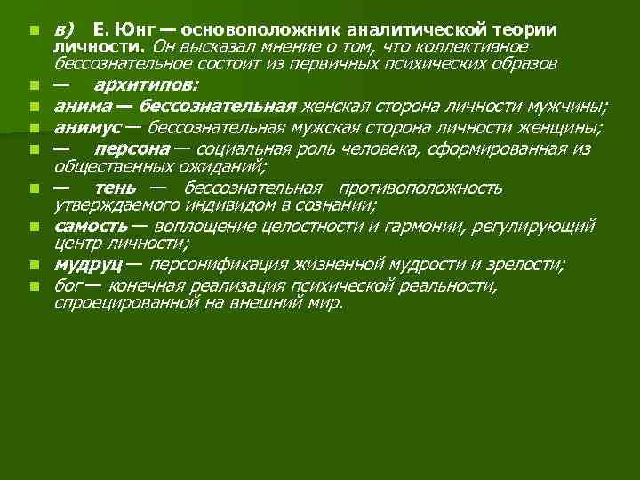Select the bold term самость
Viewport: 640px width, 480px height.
(91, 227)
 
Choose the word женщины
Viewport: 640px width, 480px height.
(570, 128)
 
